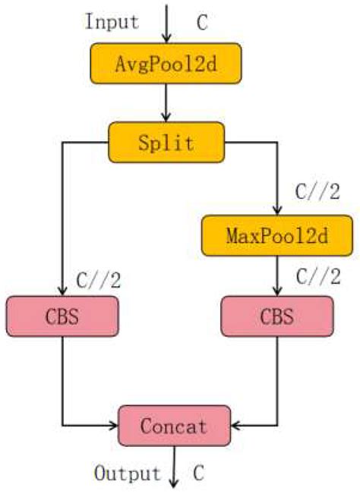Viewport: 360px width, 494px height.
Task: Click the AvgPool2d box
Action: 167,64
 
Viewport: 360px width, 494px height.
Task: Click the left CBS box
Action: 62,316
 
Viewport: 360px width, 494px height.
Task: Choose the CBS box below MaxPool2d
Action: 278,316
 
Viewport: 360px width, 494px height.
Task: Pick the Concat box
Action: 174,425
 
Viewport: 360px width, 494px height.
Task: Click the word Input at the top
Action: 112,20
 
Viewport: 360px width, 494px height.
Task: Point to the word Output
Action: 128,474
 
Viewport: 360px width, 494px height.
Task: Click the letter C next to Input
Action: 202,22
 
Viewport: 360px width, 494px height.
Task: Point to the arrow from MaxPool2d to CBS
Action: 278,275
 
